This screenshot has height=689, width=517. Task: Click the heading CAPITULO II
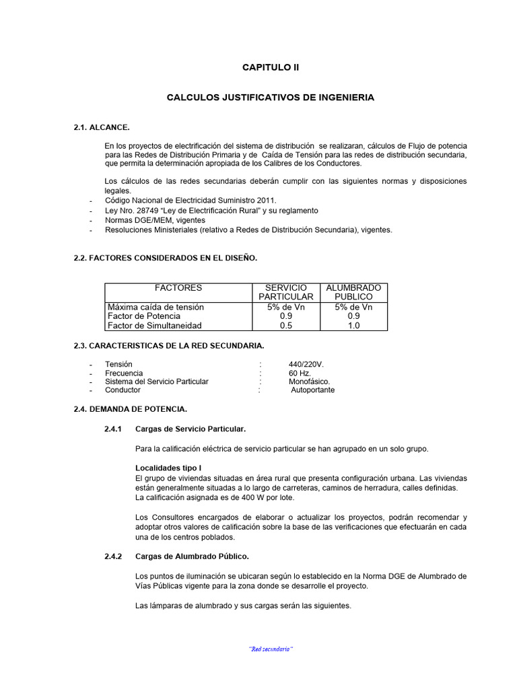pyautogui.click(x=270, y=68)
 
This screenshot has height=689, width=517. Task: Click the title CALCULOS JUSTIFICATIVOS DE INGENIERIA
pyautogui.click(x=270, y=98)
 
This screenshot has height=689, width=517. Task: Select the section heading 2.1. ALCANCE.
pyautogui.click(x=101, y=127)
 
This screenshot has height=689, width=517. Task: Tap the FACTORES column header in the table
pyautogui.click(x=178, y=287)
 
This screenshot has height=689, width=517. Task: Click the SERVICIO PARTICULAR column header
pyautogui.click(x=286, y=292)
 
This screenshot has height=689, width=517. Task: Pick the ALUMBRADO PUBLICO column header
pyautogui.click(x=353, y=292)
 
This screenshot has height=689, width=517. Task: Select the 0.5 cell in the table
pyautogui.click(x=286, y=326)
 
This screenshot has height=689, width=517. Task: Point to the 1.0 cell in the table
pyautogui.click(x=353, y=326)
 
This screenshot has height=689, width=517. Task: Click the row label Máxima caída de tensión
pyautogui.click(x=156, y=307)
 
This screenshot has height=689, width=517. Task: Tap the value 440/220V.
pyautogui.click(x=306, y=364)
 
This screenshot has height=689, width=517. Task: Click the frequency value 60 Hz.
pyautogui.click(x=299, y=373)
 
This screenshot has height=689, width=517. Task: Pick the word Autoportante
pyautogui.click(x=312, y=390)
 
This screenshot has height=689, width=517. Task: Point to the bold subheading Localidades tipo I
pyautogui.click(x=168, y=468)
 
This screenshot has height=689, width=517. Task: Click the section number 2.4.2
pyautogui.click(x=113, y=556)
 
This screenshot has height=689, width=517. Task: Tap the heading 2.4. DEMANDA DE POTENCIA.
pyautogui.click(x=130, y=409)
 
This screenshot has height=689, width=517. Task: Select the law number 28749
pyautogui.click(x=147, y=211)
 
